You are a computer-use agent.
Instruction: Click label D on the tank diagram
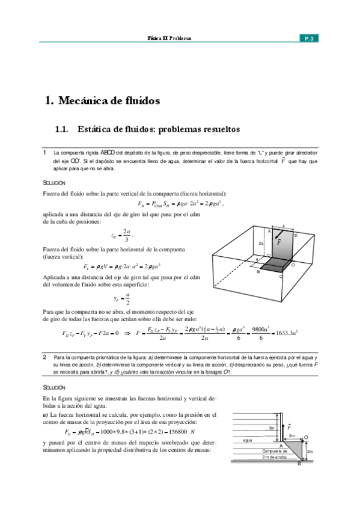(296, 235)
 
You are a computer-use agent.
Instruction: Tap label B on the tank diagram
(258, 272)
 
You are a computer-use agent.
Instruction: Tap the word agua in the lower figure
(246, 440)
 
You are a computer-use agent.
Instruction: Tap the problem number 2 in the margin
(44, 357)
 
